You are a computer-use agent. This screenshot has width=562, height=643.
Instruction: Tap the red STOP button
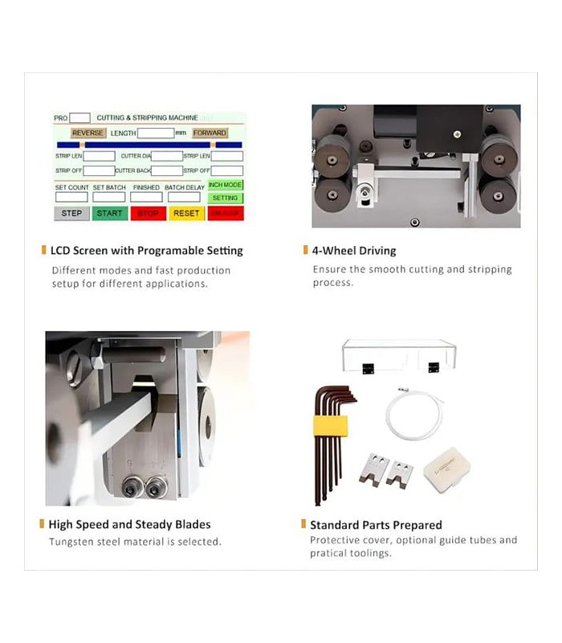pos(148,213)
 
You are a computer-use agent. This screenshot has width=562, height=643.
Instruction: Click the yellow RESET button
pos(186,213)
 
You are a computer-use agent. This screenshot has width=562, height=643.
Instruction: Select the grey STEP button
pos(71,213)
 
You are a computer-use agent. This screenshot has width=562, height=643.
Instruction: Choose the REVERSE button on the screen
pos(88,133)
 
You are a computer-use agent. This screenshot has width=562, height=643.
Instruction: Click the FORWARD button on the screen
pos(210,133)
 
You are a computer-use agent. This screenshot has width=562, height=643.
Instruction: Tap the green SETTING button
pos(225,198)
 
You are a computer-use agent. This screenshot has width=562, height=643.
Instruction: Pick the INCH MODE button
pos(225,185)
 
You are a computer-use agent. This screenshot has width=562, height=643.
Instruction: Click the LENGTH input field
pos(156,133)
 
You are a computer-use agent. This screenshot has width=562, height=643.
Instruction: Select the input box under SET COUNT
pos(71,197)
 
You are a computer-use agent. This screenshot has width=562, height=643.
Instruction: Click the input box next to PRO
pos(79,117)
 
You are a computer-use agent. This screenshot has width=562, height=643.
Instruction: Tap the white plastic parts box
pos(446,471)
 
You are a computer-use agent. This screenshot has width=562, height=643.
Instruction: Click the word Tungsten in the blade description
pos(71,542)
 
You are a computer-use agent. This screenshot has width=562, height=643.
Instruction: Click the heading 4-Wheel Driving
pos(354,251)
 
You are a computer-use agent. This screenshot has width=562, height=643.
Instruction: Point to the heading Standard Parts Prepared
pos(376,525)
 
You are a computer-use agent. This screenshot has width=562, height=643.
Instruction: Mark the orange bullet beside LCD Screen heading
pos(43,251)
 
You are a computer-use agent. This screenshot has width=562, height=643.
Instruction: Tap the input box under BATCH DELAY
pos(184,197)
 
